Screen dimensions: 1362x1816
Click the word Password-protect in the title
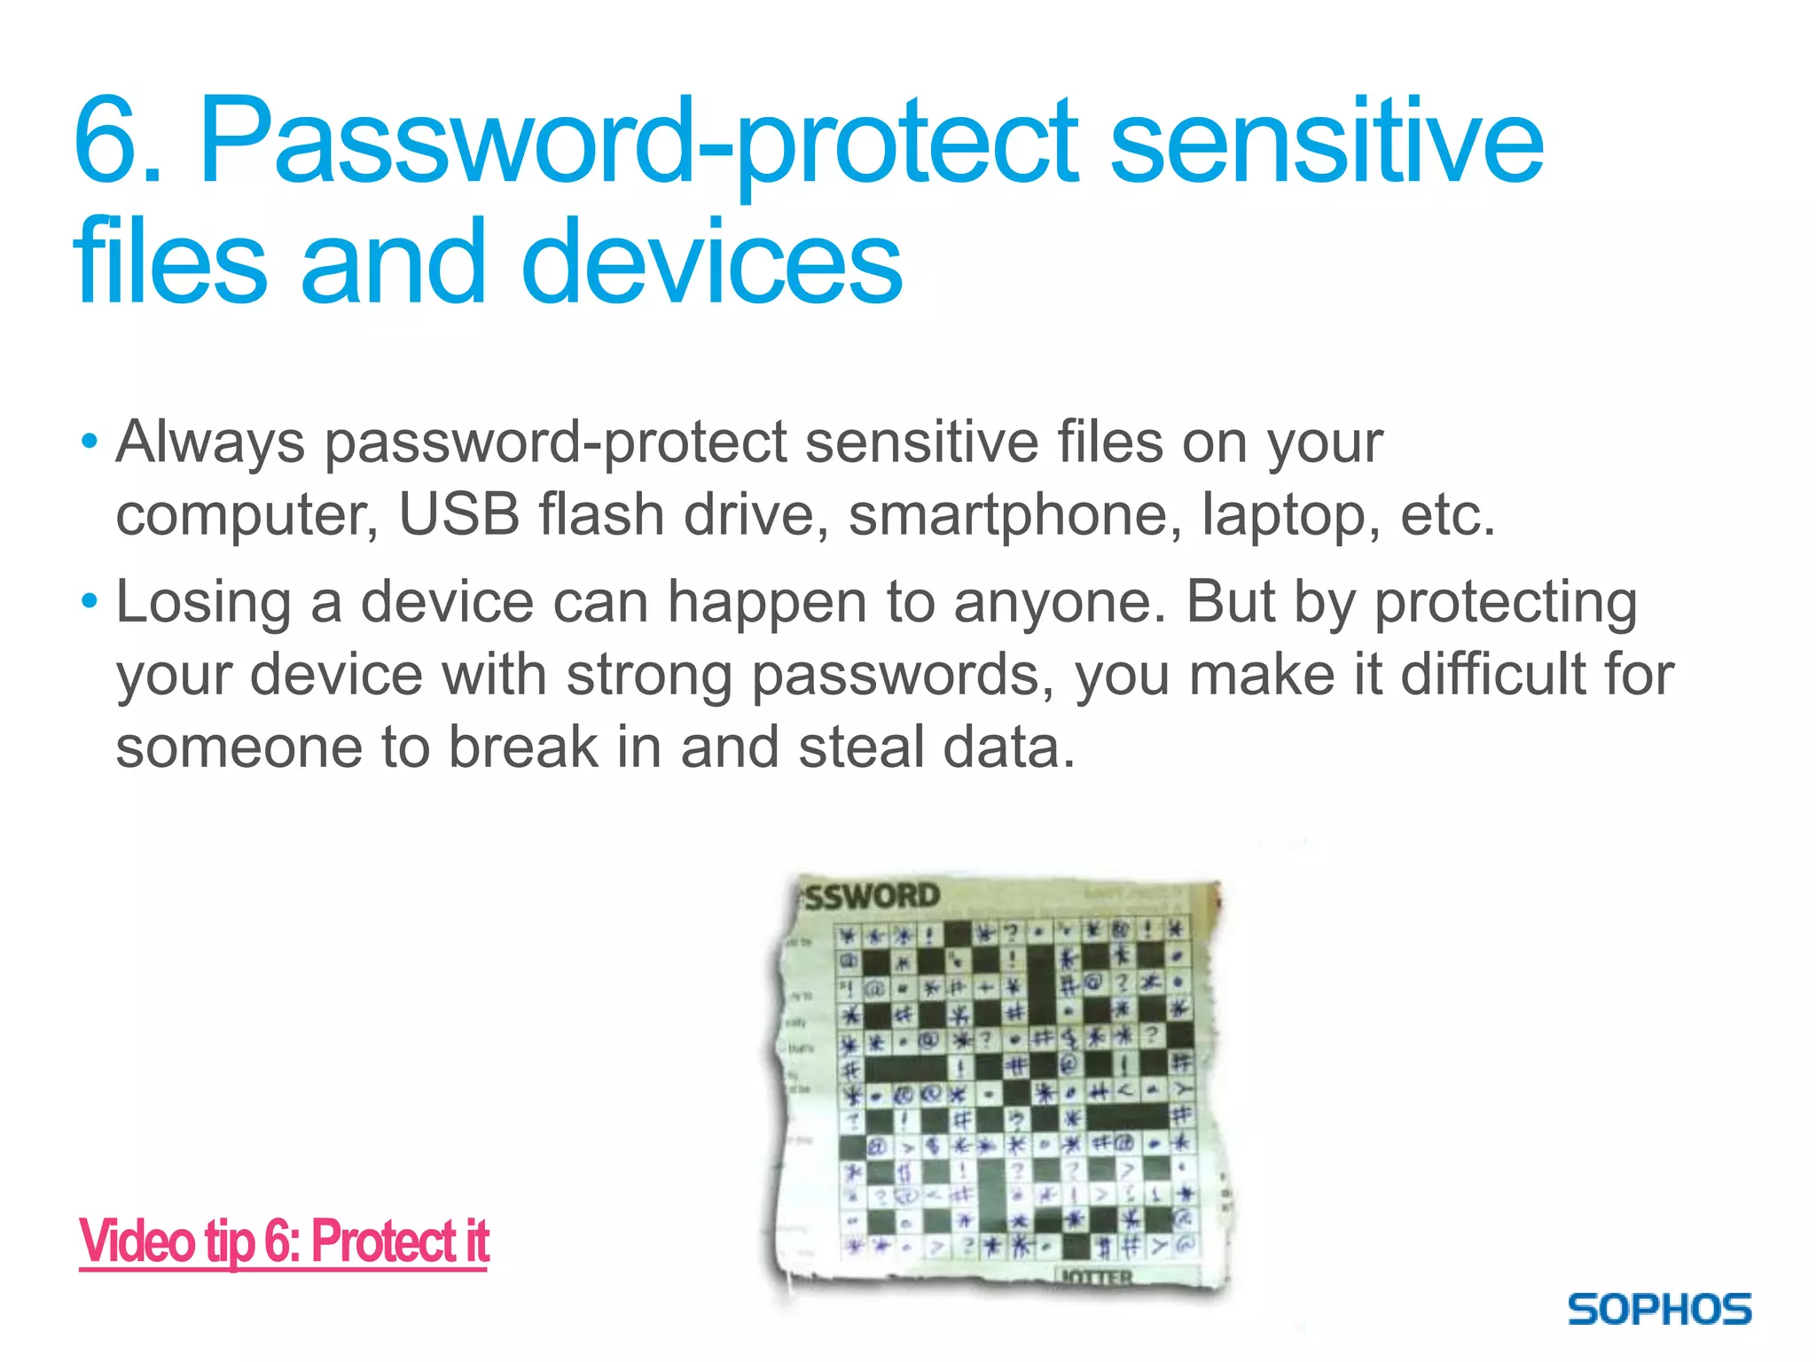click(x=638, y=142)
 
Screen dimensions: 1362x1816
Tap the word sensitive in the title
click(x=1326, y=142)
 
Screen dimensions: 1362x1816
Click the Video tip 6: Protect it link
click(x=284, y=1241)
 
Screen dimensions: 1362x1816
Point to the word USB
click(x=458, y=514)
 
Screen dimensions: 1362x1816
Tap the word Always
click(x=210, y=442)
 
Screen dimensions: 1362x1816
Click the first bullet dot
click(x=89, y=441)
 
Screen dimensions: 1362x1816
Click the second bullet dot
click(x=89, y=602)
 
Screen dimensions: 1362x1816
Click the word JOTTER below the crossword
click(x=1095, y=1277)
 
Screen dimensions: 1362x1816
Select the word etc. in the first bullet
click(x=1447, y=514)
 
